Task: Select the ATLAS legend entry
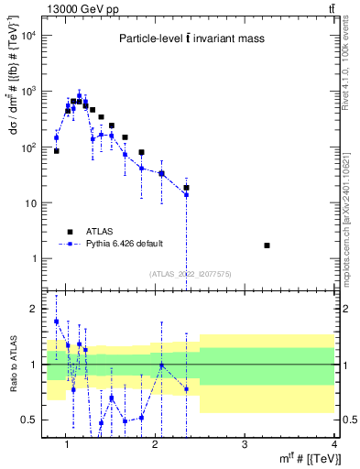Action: [96, 231]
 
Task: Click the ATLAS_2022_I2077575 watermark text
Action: [191, 274]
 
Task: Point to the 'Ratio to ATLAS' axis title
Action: [15, 364]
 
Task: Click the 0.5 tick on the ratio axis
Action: [31, 420]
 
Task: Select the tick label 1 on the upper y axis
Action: [35, 258]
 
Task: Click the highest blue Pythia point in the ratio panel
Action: [56, 322]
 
